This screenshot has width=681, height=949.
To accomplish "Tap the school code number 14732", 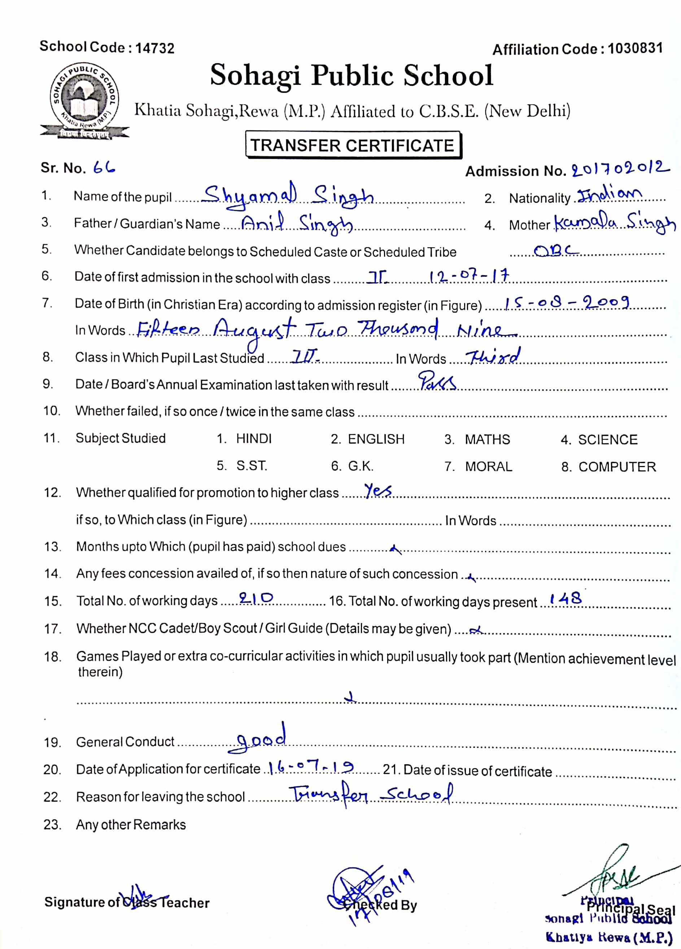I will coord(155,48).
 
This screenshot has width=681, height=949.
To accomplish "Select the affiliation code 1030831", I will coord(635,48).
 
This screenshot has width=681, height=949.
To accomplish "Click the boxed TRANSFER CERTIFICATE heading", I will coord(353,145).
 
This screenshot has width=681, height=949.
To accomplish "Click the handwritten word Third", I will coord(494,357).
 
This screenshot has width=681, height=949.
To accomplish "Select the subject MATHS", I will coord(487,439).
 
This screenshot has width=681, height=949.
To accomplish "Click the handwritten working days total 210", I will coord(256,598).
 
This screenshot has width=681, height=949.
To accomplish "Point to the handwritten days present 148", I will coord(566,599).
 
